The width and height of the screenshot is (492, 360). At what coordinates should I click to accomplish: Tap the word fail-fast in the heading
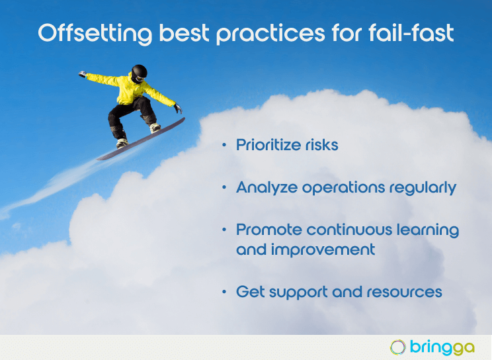(411, 32)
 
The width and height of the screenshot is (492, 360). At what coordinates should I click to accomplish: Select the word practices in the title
(270, 34)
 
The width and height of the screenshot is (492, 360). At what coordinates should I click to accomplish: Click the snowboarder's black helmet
(139, 73)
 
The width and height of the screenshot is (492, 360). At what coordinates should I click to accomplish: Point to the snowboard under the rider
(141, 139)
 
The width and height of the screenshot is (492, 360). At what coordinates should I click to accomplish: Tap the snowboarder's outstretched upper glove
(83, 74)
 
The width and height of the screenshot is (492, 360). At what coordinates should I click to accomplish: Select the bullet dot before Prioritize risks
(224, 145)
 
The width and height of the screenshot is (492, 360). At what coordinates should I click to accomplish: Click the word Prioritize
(268, 145)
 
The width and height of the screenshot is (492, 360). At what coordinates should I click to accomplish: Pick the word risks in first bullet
(322, 145)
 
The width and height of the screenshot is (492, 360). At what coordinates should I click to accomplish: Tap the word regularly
(423, 188)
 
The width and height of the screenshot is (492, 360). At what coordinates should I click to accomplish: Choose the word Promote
(269, 230)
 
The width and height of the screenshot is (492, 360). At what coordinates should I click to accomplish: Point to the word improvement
(323, 249)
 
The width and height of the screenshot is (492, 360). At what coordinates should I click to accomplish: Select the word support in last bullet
(298, 292)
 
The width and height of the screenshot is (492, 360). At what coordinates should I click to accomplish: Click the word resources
(405, 292)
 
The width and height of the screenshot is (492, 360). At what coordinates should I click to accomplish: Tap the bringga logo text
(442, 347)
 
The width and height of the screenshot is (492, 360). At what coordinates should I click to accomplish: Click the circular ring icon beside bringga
(398, 347)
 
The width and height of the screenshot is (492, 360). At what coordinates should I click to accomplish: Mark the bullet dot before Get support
(224, 292)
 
